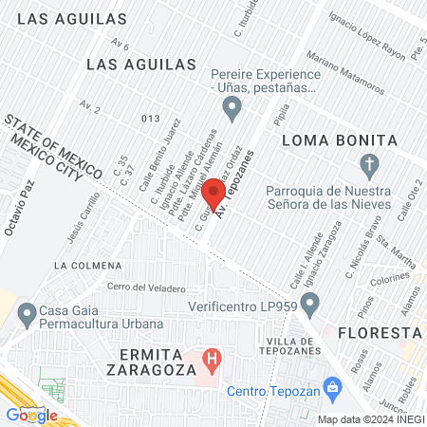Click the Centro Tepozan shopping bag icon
point(332,386)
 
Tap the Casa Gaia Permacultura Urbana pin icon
point(27,312)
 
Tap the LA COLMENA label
point(88,265)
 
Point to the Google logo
point(31,415)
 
